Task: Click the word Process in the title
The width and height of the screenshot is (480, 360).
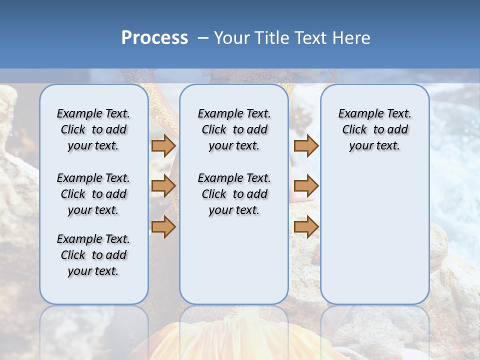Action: [x=154, y=38]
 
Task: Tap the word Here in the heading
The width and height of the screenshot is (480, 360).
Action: [x=351, y=38]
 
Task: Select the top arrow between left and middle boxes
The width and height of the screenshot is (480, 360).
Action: [x=163, y=145]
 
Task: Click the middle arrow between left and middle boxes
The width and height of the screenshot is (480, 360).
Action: [x=163, y=186]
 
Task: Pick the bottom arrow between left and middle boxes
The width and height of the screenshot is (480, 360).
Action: [x=163, y=226]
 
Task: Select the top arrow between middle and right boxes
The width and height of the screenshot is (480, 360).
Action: [x=306, y=145]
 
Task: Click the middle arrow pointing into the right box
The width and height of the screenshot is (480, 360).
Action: [x=306, y=186]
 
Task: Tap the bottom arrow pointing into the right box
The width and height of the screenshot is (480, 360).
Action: [x=306, y=226]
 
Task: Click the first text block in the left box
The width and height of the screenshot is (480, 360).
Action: [x=93, y=129]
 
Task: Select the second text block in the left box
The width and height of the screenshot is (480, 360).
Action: [x=93, y=194]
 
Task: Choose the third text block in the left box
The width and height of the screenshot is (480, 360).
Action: [x=93, y=255]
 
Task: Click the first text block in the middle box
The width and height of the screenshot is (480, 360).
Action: [x=234, y=129]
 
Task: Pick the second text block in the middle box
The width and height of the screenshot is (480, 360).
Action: [x=234, y=194]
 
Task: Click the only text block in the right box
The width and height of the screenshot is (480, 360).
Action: [x=374, y=129]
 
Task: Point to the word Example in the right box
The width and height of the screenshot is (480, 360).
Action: [x=356, y=114]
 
